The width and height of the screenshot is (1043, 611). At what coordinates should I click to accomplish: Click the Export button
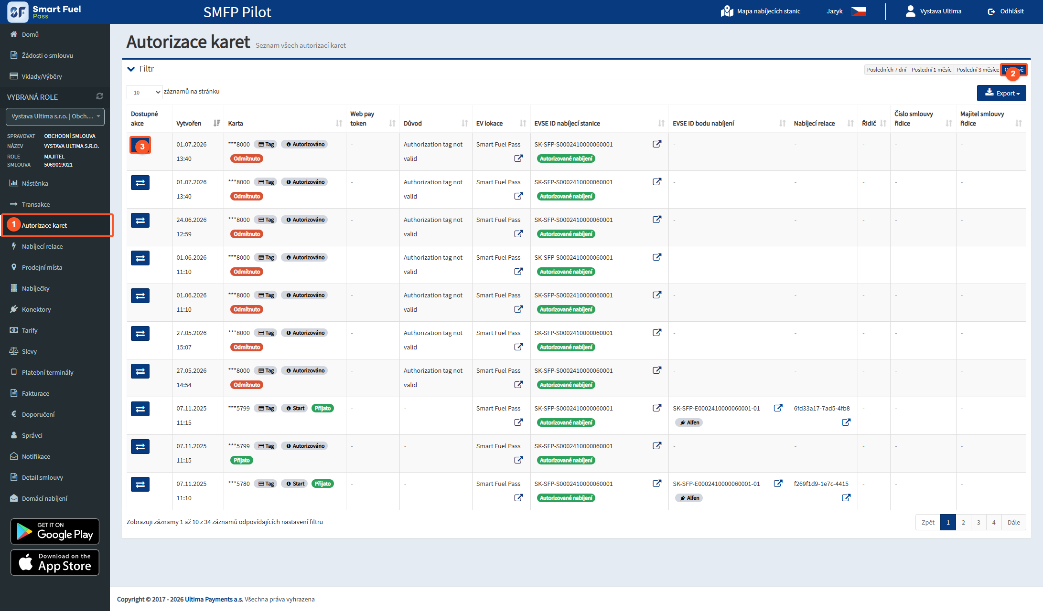tap(1001, 93)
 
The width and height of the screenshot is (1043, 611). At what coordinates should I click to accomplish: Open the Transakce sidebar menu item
tap(35, 204)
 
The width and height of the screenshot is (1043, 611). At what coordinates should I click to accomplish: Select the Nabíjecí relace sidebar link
tap(42, 246)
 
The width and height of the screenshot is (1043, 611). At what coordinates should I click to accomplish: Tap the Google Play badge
tap(55, 531)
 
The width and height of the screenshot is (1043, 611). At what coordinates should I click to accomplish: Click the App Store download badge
tap(55, 562)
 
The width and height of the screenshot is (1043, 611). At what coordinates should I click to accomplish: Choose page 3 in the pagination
tap(978, 522)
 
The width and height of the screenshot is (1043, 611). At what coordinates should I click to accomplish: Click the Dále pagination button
tap(1013, 522)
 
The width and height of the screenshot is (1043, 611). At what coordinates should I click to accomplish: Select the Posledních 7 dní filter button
tap(886, 70)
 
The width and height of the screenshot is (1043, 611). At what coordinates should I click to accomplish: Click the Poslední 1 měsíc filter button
tap(931, 70)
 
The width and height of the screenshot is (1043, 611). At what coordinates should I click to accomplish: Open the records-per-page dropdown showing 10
tap(144, 92)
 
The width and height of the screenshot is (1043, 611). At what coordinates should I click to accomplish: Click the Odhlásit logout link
tap(1006, 11)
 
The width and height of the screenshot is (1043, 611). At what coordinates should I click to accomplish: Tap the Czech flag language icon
tap(858, 11)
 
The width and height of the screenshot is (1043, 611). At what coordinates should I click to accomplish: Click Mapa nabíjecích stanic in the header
tap(761, 11)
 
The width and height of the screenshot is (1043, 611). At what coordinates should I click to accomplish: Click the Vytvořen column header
tap(189, 123)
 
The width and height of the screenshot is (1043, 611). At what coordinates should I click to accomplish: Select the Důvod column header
tap(412, 123)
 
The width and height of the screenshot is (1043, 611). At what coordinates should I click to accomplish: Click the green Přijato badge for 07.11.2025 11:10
tap(323, 484)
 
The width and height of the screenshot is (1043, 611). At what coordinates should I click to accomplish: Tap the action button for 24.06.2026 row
tap(140, 220)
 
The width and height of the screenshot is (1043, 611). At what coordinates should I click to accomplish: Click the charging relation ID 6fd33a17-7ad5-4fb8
tap(822, 408)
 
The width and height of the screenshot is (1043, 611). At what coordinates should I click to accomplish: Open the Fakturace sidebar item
tap(35, 393)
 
